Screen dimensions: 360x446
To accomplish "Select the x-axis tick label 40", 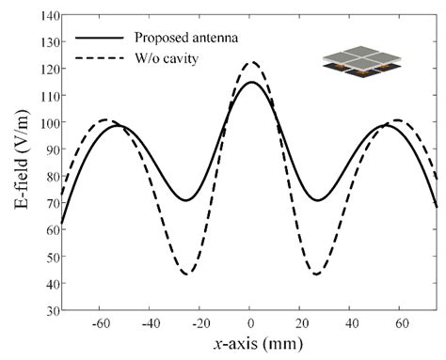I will (x=350, y=322).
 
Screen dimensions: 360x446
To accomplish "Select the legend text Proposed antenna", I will (x=180, y=39).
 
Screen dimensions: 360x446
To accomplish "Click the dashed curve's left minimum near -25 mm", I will (x=187, y=274).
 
